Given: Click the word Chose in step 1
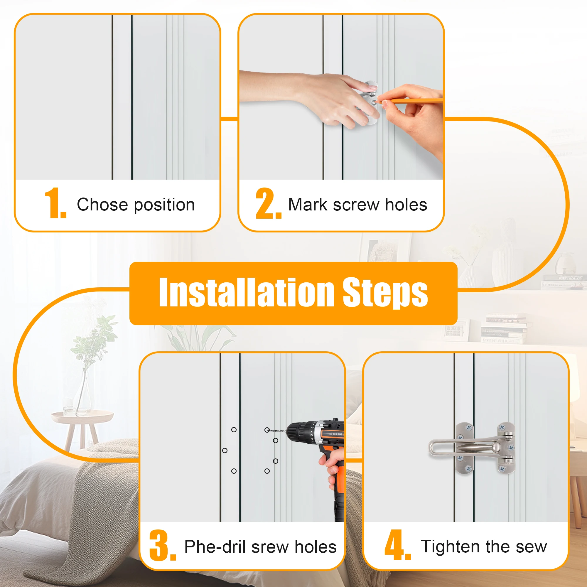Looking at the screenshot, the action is (102, 204).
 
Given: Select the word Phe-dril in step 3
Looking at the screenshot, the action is (215, 546).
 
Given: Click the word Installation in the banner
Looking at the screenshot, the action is (247, 292).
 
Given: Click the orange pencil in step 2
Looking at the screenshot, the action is (410, 100).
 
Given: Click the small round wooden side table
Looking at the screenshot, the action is (82, 425).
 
